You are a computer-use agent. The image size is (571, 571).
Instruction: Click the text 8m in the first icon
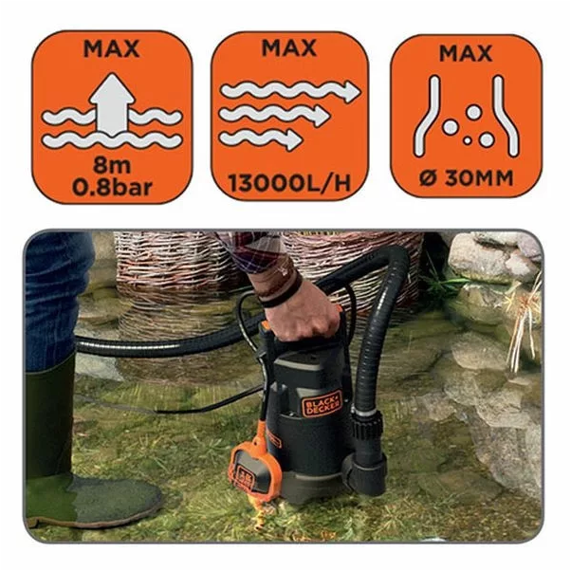click(112, 165)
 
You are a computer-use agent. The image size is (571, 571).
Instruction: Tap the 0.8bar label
click(112, 187)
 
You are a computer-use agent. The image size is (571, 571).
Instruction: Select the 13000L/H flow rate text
click(289, 183)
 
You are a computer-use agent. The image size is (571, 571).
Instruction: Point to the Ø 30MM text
click(466, 178)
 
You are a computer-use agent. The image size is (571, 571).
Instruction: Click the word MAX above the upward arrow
click(112, 48)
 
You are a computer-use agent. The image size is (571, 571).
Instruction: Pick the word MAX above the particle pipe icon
click(466, 53)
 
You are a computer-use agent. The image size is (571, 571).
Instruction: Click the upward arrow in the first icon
click(112, 103)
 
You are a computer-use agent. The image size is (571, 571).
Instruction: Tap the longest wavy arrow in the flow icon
click(290, 91)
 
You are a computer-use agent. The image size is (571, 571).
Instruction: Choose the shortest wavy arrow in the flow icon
click(261, 138)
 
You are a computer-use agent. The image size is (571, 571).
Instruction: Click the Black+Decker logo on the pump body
click(322, 403)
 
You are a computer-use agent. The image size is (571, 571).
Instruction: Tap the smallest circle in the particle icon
click(468, 140)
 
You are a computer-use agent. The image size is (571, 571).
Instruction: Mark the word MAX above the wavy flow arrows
click(289, 47)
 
